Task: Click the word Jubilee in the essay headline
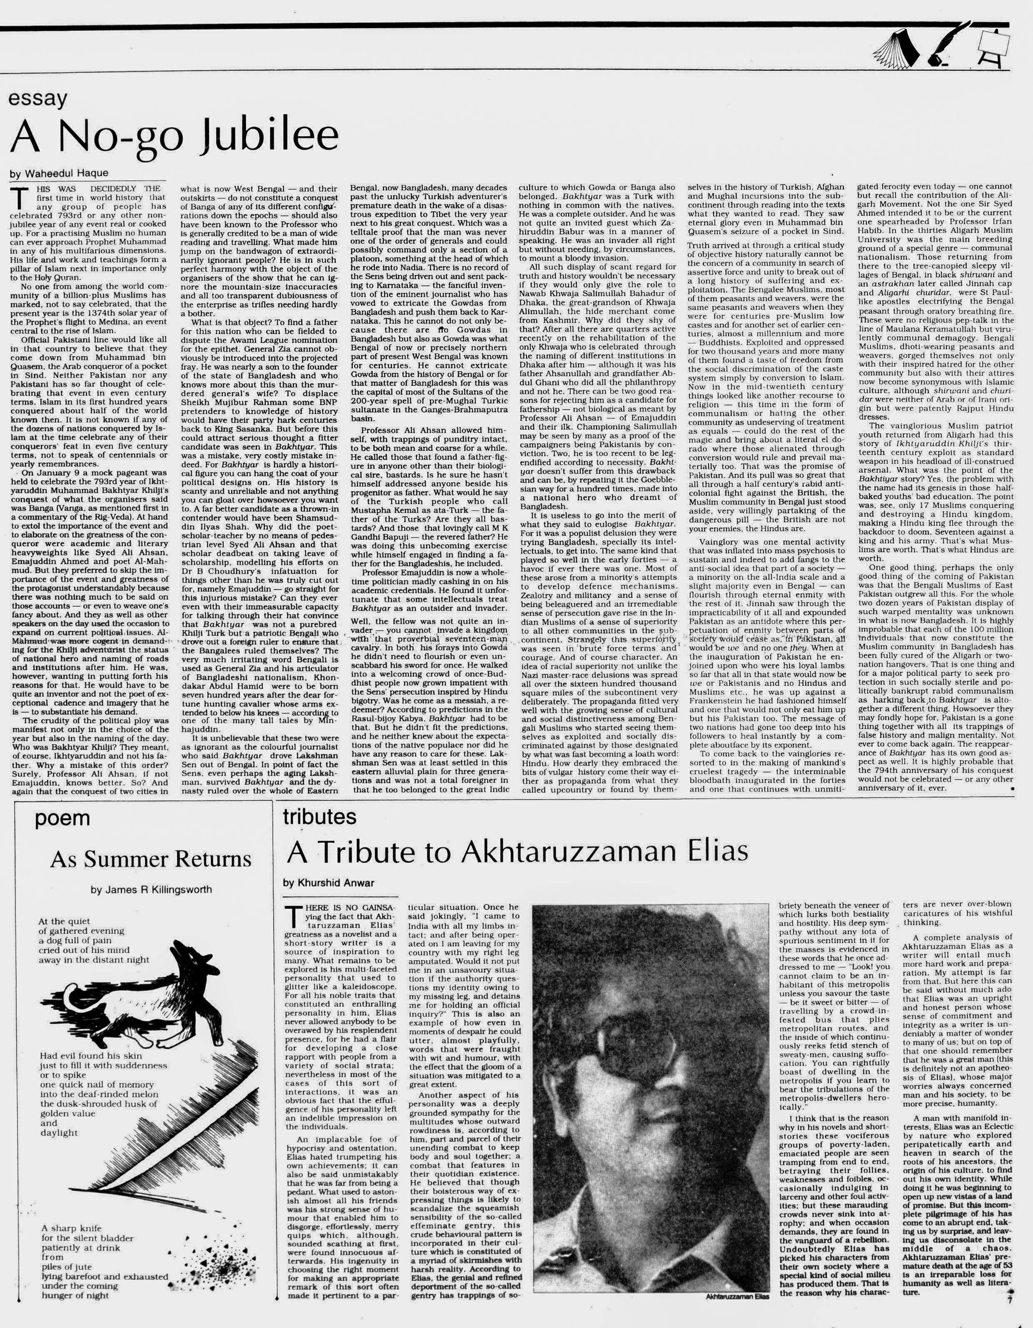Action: [268, 136]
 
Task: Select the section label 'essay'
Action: [38, 100]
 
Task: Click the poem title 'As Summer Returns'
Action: [150, 859]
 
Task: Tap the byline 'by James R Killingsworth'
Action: [151, 890]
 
